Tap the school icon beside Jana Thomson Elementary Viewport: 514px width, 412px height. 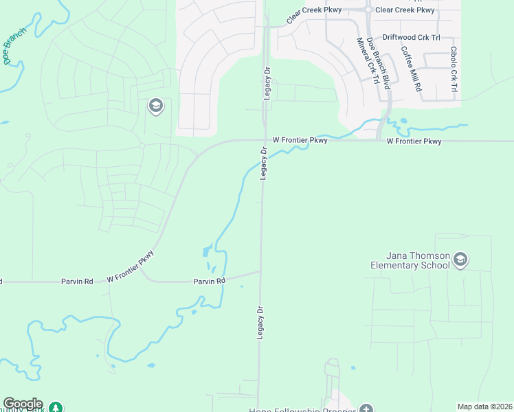pos(460,260)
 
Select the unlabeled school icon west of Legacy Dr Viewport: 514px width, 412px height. pos(155,106)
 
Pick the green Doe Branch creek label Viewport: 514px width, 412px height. pos(15,46)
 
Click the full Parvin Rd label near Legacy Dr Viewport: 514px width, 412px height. pos(209,282)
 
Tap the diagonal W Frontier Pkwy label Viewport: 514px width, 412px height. pos(131,267)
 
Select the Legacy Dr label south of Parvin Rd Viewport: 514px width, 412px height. pos(260,322)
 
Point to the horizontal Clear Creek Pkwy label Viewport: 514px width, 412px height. pos(405,10)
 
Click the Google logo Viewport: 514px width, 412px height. pos(22,404)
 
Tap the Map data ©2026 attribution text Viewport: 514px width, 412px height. pos(484,407)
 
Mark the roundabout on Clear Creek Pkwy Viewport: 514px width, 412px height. pos(368,10)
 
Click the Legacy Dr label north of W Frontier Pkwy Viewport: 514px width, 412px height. pos(267,84)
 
